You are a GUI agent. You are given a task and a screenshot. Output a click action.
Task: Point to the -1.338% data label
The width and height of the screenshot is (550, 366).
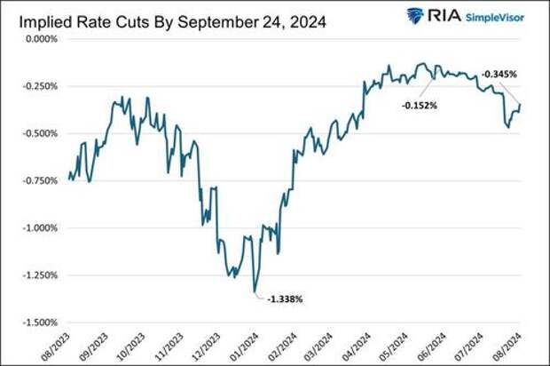tap(284, 299)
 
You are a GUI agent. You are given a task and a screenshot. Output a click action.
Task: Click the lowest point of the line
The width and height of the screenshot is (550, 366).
tap(255, 290)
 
